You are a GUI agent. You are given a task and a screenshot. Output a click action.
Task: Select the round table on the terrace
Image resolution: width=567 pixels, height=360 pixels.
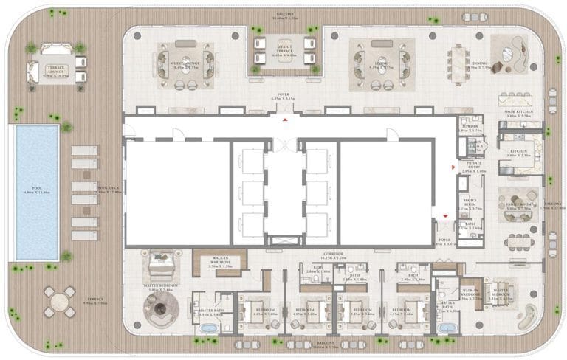pos(58,301)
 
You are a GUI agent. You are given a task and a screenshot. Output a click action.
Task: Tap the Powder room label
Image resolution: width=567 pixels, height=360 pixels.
pos(469,127)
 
